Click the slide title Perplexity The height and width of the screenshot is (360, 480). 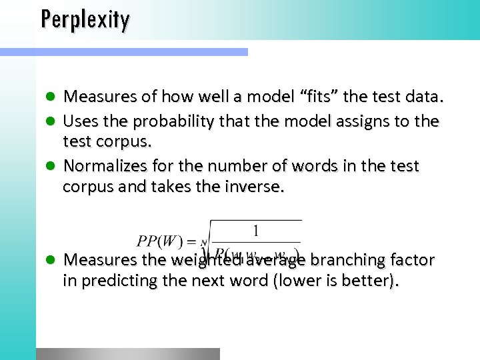coord(85,19)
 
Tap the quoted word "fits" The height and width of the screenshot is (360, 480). coord(323,97)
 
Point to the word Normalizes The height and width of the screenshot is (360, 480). coord(104,165)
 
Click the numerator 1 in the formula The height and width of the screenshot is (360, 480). coord(255,232)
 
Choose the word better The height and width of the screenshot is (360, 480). coord(373,281)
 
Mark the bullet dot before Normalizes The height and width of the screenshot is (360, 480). coord(51,166)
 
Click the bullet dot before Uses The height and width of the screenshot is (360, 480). coord(51,122)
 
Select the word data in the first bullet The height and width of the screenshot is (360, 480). coord(423,97)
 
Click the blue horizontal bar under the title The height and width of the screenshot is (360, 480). coord(123,51)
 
